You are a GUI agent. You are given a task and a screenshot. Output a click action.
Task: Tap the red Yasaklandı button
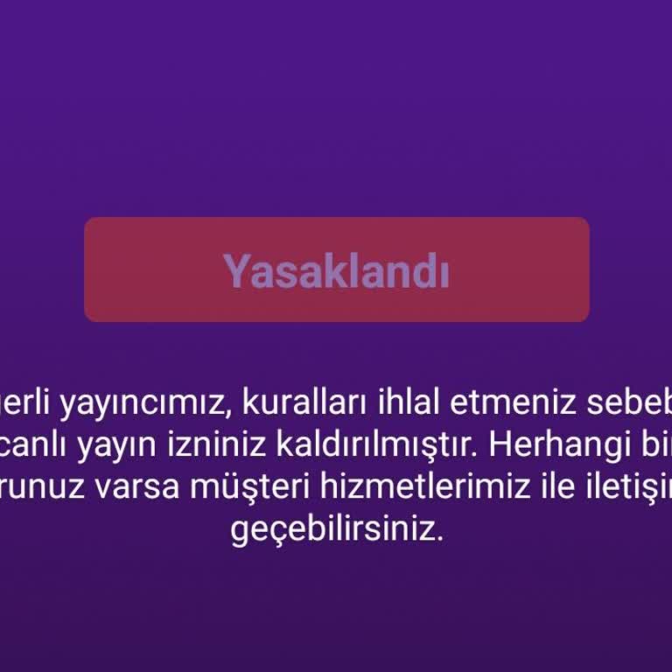pos(336,269)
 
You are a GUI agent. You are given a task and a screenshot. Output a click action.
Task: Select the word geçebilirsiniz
pos(337,530)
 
